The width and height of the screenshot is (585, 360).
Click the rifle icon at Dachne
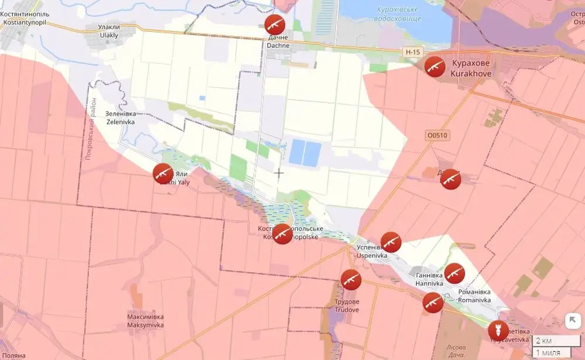(x=274, y=24)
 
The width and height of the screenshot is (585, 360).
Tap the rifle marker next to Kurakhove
(x=434, y=67)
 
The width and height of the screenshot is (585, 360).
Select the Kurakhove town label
(x=471, y=68)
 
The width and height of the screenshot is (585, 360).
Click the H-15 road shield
(x=412, y=52)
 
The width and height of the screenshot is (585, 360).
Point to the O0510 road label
(x=437, y=135)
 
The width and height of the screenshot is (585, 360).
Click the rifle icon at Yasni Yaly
(x=163, y=174)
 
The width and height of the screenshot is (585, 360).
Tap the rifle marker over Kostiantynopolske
(x=283, y=234)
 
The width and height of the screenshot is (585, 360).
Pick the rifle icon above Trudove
(x=350, y=280)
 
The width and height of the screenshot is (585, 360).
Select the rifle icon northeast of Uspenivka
(x=391, y=242)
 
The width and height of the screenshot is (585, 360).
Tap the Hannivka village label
(x=429, y=279)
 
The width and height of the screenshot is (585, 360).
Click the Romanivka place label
(x=474, y=296)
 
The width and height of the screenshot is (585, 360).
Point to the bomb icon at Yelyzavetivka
(x=498, y=331)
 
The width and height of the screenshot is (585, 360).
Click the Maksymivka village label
(x=145, y=321)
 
